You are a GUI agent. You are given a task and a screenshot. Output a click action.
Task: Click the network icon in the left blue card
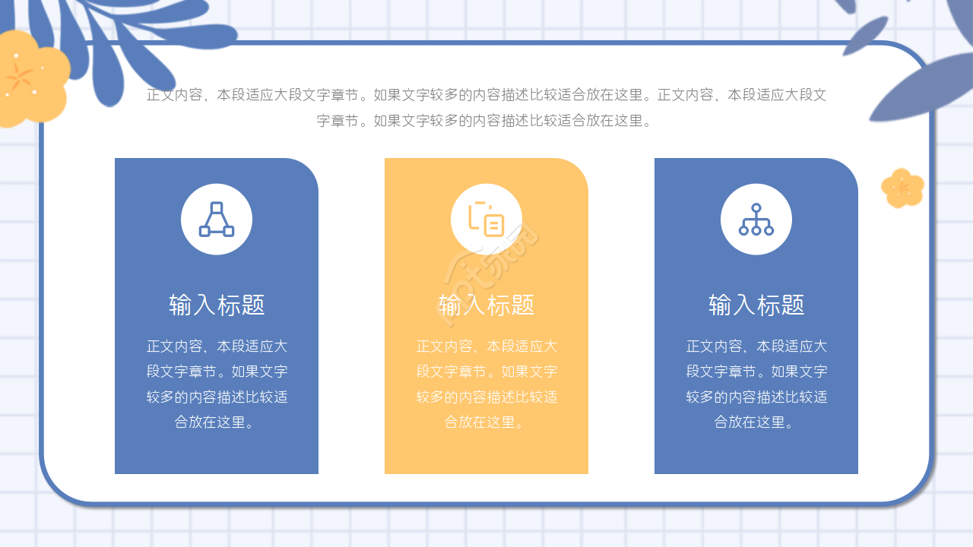coord(217,220)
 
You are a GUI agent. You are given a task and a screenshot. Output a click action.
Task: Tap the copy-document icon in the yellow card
coord(486,219)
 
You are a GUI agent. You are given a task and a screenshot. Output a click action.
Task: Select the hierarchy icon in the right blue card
coord(756,220)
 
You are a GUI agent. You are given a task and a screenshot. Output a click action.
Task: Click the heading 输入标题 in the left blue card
coord(217,305)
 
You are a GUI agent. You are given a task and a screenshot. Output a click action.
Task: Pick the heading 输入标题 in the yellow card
coord(486,305)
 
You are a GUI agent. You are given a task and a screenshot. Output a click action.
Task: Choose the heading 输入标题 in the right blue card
coord(756,305)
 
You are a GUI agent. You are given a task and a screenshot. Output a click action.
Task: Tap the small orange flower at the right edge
coord(902,188)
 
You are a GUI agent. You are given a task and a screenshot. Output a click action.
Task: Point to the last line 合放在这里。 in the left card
coord(217,422)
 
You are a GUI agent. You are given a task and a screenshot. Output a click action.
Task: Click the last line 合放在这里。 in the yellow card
coord(486,422)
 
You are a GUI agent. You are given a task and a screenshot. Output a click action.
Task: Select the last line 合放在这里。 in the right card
coord(756,422)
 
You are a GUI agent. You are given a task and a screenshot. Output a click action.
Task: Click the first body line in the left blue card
coord(217,346)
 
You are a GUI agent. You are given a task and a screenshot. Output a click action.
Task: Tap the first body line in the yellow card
coord(486,346)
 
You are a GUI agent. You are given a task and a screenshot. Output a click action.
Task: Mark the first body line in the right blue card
coord(756,346)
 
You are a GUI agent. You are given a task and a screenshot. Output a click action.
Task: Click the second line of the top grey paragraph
coord(486,120)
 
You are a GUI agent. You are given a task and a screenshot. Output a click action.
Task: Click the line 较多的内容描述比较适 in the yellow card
coord(486,397)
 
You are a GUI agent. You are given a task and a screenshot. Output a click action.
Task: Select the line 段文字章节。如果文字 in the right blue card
coord(756,372)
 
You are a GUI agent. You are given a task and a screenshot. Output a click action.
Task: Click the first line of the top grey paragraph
coord(486,95)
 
